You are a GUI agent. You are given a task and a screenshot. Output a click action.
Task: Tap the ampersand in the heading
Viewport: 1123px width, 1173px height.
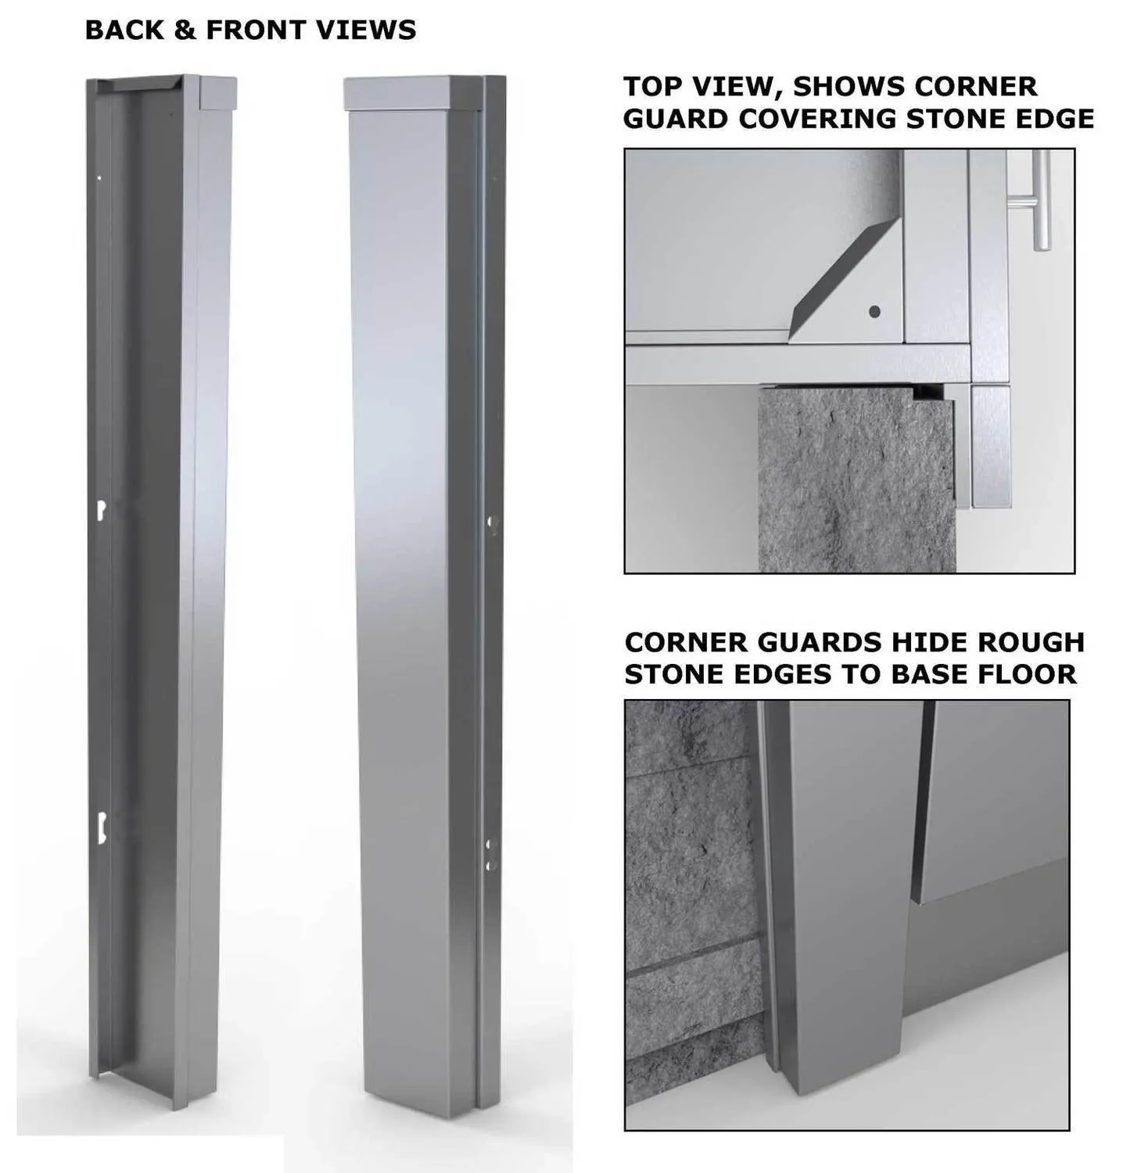point(185,30)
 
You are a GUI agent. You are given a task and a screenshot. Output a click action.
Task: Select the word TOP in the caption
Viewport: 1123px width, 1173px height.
point(654,86)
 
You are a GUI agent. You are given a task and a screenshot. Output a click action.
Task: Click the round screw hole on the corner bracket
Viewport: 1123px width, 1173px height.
point(875,312)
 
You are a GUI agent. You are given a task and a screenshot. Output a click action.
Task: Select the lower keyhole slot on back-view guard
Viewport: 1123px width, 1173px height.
point(101,825)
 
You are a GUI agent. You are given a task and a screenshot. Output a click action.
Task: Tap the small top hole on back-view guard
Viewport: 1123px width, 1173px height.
point(99,178)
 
